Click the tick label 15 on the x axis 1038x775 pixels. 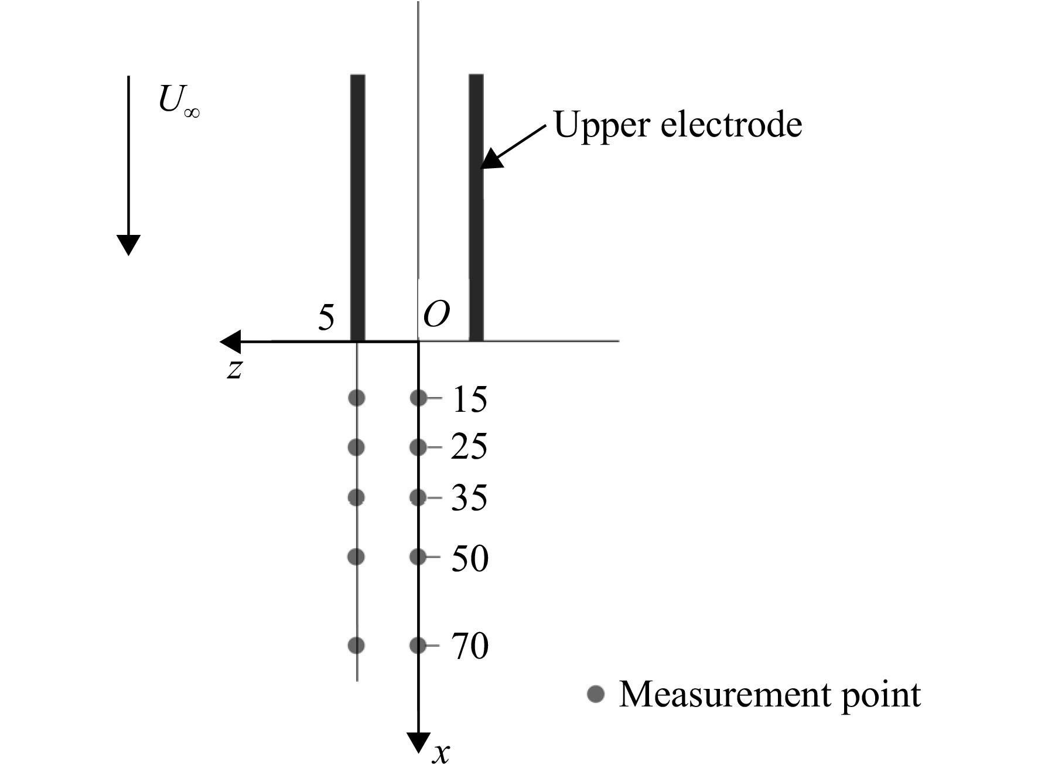click(x=469, y=400)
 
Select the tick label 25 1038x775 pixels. click(x=469, y=447)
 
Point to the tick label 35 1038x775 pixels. click(x=469, y=499)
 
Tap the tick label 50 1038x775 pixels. click(x=470, y=558)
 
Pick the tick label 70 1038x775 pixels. click(x=470, y=647)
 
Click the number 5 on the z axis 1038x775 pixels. click(x=326, y=318)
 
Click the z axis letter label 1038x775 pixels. click(x=235, y=370)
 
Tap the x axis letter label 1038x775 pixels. click(x=441, y=754)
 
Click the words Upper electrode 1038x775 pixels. click(x=678, y=125)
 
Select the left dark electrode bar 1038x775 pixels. click(x=358, y=207)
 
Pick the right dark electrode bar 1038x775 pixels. click(x=476, y=207)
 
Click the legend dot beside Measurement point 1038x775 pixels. click(x=596, y=694)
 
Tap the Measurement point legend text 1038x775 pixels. click(x=770, y=695)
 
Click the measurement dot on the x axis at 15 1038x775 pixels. click(x=418, y=398)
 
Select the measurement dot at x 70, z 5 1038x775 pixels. click(x=356, y=646)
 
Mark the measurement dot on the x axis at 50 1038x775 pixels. click(x=418, y=557)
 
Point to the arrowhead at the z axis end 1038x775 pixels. click(x=230, y=342)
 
